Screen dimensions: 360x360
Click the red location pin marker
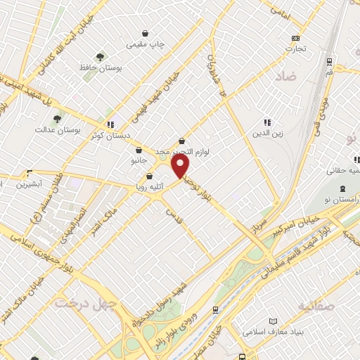tap(181, 166)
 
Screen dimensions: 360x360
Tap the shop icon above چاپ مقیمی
tap(146, 33)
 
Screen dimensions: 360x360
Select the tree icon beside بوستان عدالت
tap(57, 119)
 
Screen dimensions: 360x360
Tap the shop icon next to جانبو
tap(139, 150)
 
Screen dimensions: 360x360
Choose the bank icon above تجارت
tap(296, 38)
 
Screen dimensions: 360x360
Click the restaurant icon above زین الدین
tap(267, 122)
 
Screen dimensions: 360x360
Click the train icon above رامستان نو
tap(342, 188)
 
